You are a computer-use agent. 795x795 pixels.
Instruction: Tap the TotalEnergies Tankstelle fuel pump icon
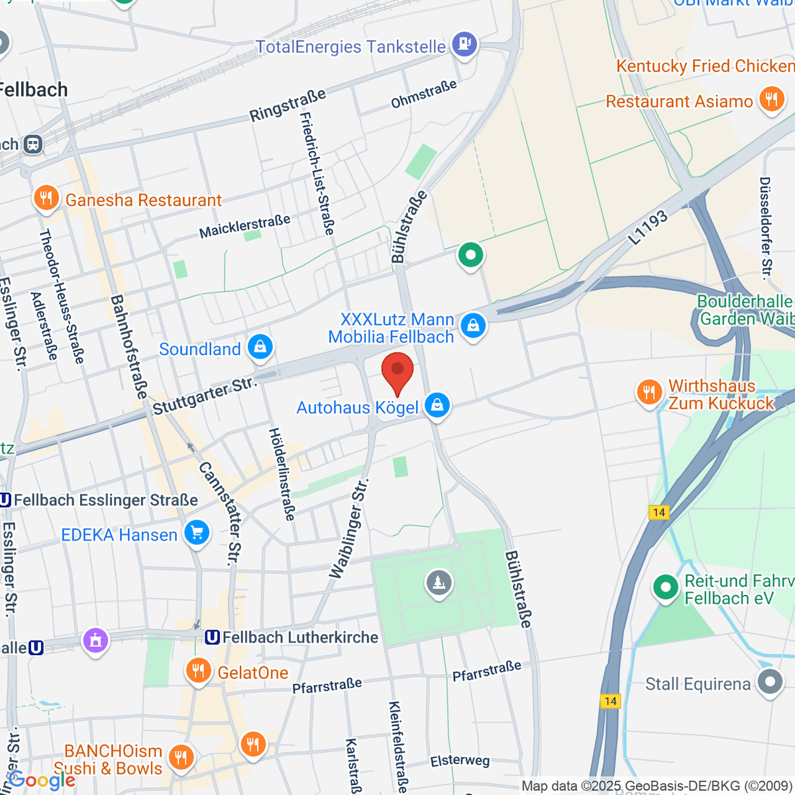pos(464,44)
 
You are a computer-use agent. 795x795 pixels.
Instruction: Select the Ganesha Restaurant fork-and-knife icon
pos(46,199)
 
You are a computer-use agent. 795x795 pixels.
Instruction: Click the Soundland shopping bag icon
pos(260,347)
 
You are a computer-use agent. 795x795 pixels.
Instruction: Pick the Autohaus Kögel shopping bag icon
pos(437,405)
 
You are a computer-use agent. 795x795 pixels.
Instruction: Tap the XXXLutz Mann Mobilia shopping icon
pos(473,326)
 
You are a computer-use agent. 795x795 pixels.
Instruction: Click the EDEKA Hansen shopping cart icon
pos(197,533)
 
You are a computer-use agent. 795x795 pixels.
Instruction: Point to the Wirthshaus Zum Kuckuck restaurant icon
pos(649,393)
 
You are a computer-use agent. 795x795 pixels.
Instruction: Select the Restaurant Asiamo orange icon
pos(771,100)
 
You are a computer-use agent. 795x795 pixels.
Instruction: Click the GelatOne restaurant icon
pos(198,671)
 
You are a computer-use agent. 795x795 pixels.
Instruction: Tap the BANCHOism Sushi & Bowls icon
pos(180,757)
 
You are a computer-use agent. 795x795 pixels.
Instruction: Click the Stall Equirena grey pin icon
pos(770,682)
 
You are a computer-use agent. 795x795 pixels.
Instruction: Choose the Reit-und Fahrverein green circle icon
pos(665,588)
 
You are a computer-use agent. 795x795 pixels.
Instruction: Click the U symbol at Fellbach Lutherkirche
pos(213,637)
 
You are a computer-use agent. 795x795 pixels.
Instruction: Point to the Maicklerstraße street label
pos(244,227)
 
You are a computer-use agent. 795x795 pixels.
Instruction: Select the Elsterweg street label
pos(460,761)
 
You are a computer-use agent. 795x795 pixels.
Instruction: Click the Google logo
pos(41,780)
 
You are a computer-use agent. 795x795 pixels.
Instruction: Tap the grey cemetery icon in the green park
pos(438,583)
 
